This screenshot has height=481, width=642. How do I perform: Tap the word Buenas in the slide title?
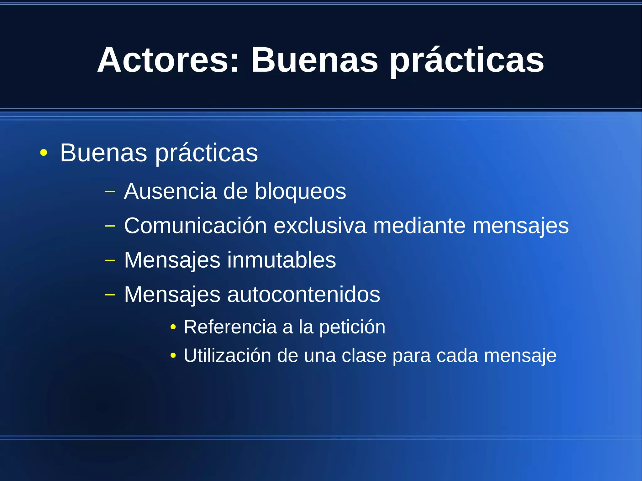[x=314, y=60]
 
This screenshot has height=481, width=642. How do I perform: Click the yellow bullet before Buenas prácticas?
[x=44, y=153]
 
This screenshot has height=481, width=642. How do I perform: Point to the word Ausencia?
[x=170, y=191]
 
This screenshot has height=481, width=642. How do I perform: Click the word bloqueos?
[x=300, y=192]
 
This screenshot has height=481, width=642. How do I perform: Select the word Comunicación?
[x=195, y=225]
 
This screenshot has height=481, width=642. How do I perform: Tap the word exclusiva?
[x=320, y=225]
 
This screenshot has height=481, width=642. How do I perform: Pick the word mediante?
[x=419, y=225]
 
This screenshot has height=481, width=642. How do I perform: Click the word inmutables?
[x=281, y=260]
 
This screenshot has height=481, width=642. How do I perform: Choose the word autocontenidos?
[x=303, y=295]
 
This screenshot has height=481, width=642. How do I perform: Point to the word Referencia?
[x=230, y=327]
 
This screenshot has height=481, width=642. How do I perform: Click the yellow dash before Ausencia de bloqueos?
[x=110, y=191]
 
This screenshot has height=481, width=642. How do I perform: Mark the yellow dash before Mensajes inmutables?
[x=110, y=260]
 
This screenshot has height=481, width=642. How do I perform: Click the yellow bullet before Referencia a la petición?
[x=173, y=327]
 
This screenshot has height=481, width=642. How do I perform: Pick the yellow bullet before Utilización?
[x=173, y=356]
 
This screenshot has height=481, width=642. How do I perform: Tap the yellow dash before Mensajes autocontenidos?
[x=110, y=295]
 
